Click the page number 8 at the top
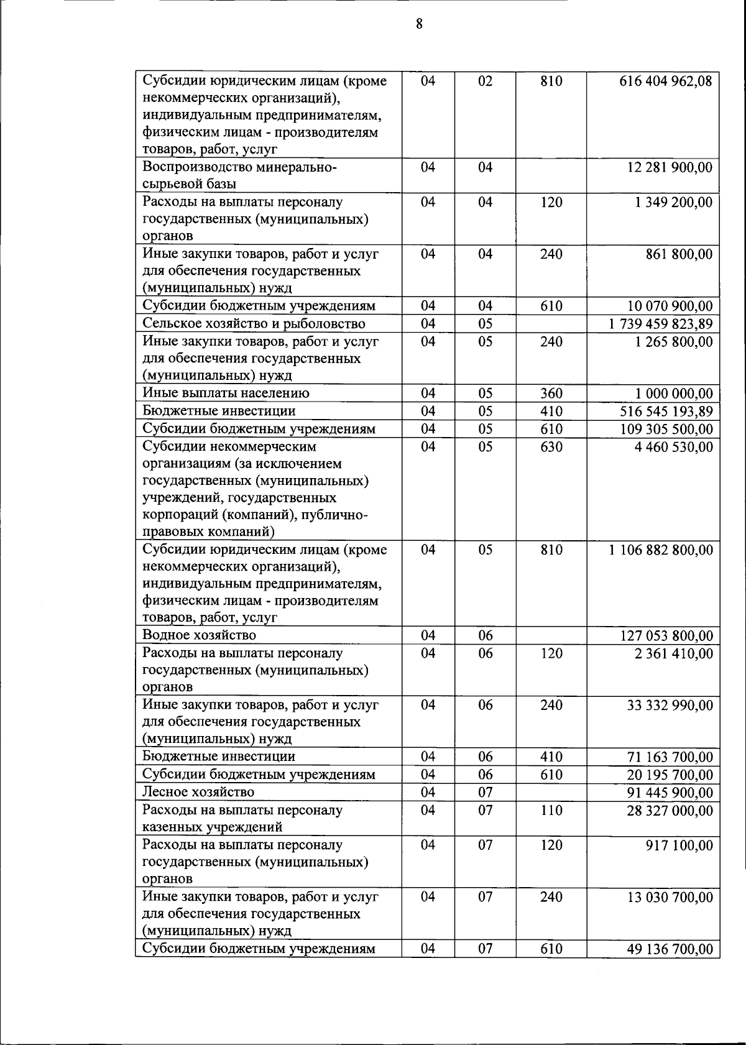tap(419, 24)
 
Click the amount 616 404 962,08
tap(666, 81)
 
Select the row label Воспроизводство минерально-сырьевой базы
tap(239, 175)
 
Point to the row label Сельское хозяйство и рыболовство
tap(254, 323)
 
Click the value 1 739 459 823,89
tap(661, 324)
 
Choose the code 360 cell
tap(551, 394)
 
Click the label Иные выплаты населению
tap(226, 393)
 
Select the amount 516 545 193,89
tap(666, 412)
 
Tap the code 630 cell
tap(551, 447)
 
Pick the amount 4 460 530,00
tap(674, 447)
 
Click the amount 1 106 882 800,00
tap(661, 550)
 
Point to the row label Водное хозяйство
tap(199, 635)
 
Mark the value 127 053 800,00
tap(666, 636)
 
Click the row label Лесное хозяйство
tap(198, 792)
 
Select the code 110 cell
tap(551, 811)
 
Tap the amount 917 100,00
tap(679, 845)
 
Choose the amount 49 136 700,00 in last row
tap(670, 949)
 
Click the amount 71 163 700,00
tap(670, 757)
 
